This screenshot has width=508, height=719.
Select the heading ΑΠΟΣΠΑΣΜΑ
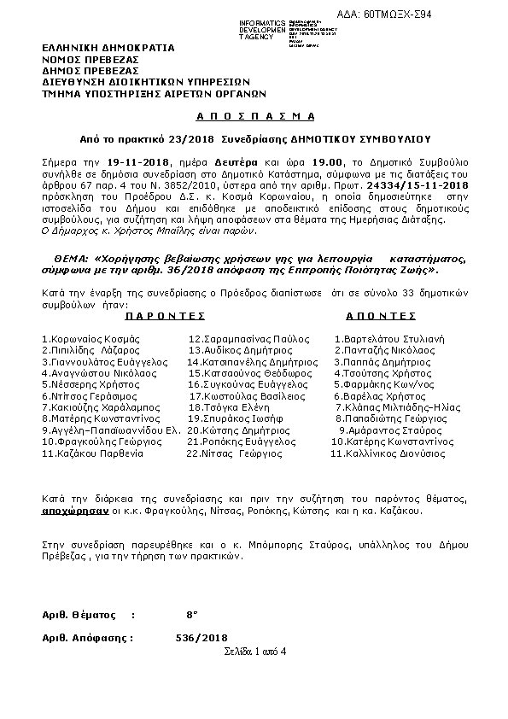tap(254, 115)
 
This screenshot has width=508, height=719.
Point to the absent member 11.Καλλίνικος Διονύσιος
tap(388, 454)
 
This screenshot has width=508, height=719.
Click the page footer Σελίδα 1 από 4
tap(254, 652)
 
